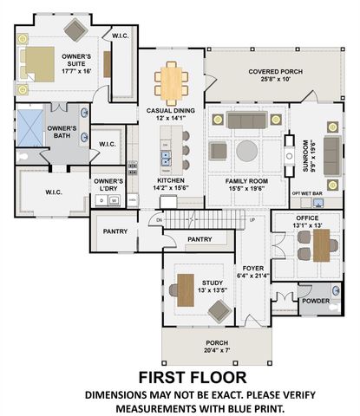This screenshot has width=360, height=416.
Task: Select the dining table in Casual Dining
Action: pyautogui.click(x=171, y=82)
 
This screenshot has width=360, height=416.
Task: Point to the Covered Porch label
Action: pyautogui.click(x=274, y=75)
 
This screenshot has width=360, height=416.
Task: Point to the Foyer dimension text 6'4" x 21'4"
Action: pyautogui.click(x=253, y=276)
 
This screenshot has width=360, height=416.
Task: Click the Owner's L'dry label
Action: pyautogui.click(x=108, y=184)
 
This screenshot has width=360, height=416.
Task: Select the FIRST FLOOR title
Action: pyautogui.click(x=193, y=377)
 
